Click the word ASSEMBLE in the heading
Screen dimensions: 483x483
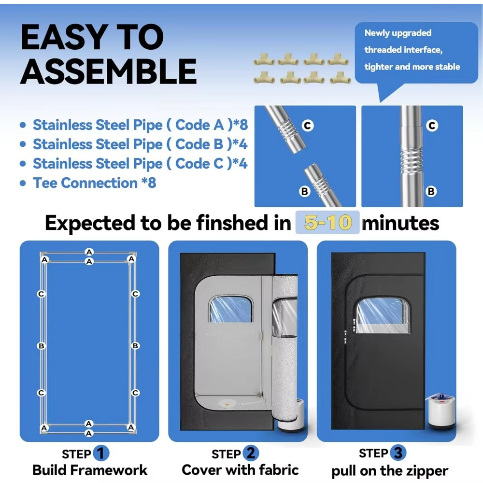(108, 71)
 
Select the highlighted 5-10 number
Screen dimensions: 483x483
(327, 223)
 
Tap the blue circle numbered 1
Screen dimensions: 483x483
(100, 454)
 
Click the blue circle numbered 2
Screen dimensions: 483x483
(250, 454)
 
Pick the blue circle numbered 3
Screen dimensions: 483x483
(398, 453)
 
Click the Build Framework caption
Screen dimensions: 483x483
(90, 470)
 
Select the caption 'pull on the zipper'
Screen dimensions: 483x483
(390, 471)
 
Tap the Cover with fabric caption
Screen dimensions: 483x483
(240, 470)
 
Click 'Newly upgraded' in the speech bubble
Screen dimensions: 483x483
(398, 33)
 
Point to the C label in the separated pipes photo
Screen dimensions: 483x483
(308, 126)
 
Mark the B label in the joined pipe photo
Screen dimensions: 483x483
(431, 192)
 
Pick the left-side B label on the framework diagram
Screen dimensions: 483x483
(42, 346)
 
